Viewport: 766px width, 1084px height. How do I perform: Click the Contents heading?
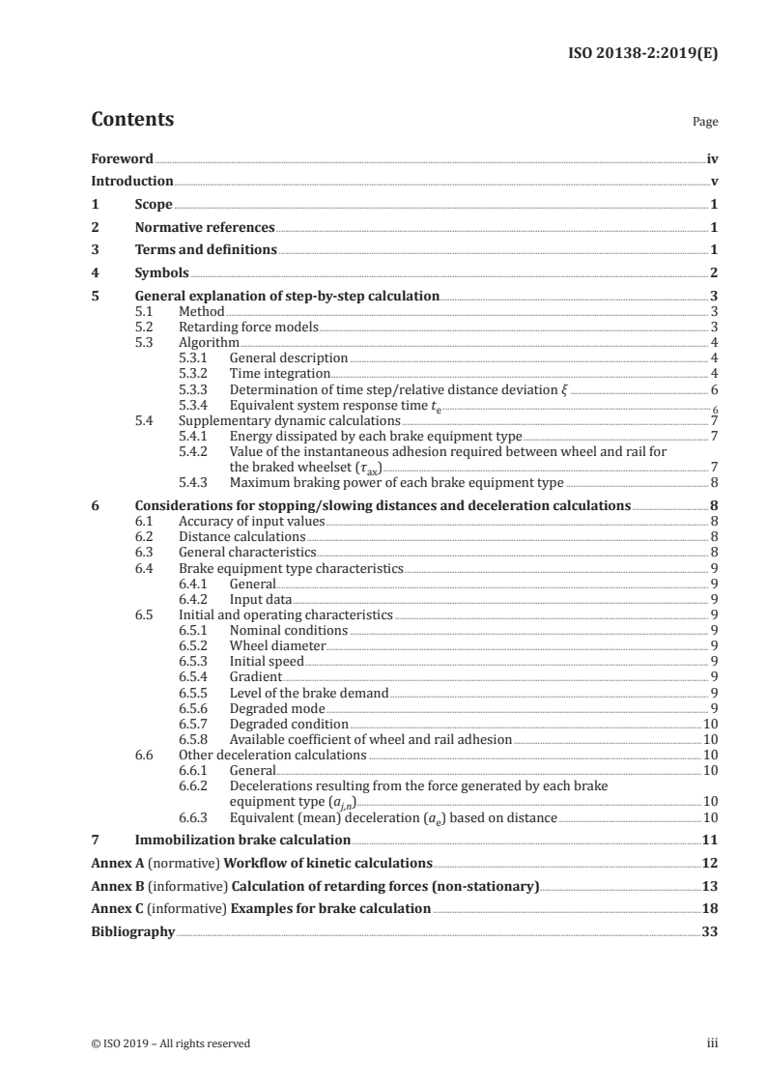point(132,120)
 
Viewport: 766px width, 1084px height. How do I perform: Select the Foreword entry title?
point(122,158)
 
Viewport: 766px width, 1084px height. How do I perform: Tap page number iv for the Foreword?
point(711,158)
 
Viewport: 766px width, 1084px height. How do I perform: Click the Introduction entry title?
point(131,182)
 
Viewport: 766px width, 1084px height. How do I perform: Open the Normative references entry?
point(205,228)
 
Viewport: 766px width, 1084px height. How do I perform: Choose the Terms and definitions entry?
point(206,250)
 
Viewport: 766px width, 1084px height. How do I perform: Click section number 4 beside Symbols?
point(95,273)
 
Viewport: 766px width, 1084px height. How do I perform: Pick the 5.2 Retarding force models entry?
point(248,328)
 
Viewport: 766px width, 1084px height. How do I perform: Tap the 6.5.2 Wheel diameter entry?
point(277,645)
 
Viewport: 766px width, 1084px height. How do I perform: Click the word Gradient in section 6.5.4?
point(256,676)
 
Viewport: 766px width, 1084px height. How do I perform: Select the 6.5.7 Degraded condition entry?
point(289,724)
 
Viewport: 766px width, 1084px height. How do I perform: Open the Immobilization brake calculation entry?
point(242,841)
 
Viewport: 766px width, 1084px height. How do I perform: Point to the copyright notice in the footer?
point(171,1043)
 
